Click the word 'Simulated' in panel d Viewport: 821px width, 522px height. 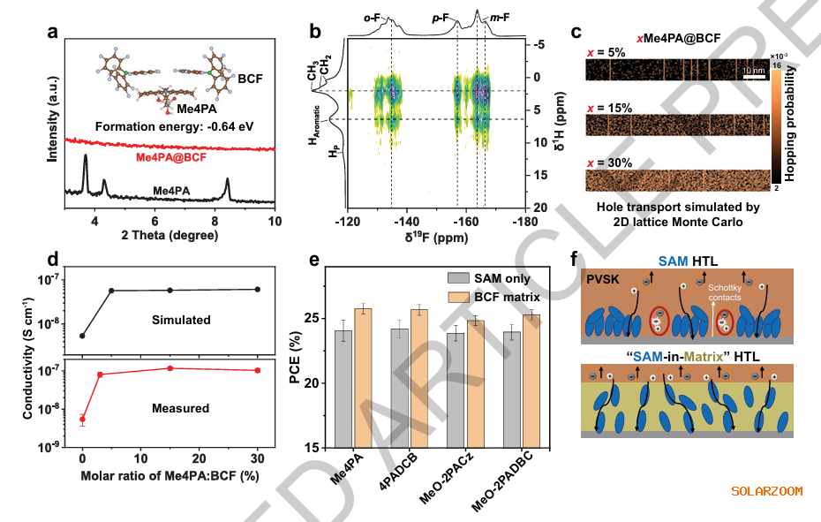click(x=182, y=320)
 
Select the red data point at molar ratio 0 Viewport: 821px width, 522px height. click(x=82, y=420)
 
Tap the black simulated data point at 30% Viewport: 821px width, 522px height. click(x=257, y=289)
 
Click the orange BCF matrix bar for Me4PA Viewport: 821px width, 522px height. click(x=362, y=377)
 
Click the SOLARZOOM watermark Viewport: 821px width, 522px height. click(x=766, y=490)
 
